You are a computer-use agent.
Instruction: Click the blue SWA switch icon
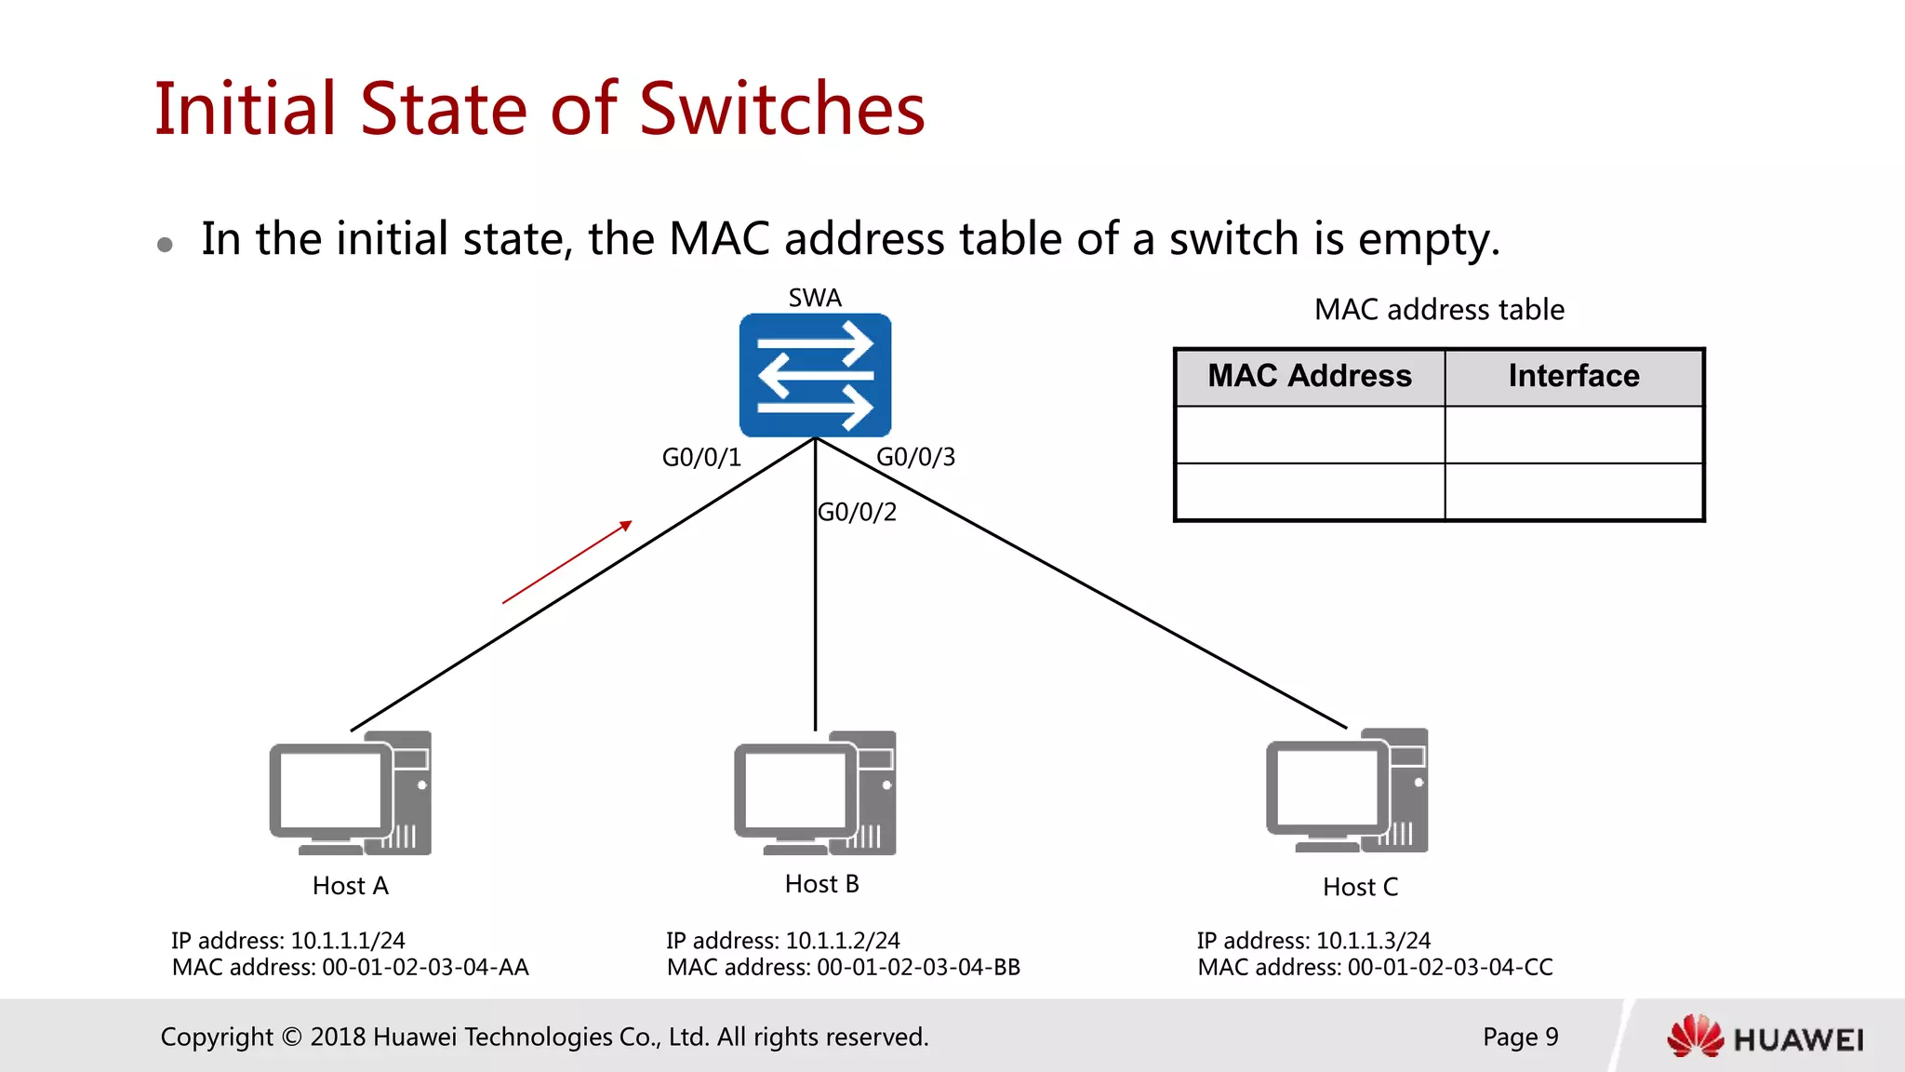[x=815, y=375]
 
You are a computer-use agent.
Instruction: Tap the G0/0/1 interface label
[x=701, y=458]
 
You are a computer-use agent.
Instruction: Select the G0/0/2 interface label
[x=858, y=512]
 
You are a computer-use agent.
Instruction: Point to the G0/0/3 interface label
[x=916, y=457]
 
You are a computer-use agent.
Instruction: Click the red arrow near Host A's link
[x=566, y=563]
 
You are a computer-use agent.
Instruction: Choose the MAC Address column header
[x=1310, y=377]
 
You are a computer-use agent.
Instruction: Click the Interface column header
[x=1574, y=377]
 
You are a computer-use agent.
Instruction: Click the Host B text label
[x=822, y=884]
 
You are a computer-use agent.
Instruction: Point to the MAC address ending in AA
[x=426, y=968]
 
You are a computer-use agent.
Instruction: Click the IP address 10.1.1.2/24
[x=842, y=941]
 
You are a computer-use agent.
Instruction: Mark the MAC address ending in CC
[x=1450, y=968]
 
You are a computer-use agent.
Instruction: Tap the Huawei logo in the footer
[x=1765, y=1038]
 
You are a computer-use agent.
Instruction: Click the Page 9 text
[x=1520, y=1037]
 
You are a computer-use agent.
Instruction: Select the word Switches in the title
[x=782, y=109]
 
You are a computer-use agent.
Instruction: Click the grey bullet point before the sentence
[x=166, y=245]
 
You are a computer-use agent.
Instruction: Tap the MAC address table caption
[x=1439, y=310]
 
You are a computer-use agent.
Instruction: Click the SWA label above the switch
[x=815, y=298]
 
